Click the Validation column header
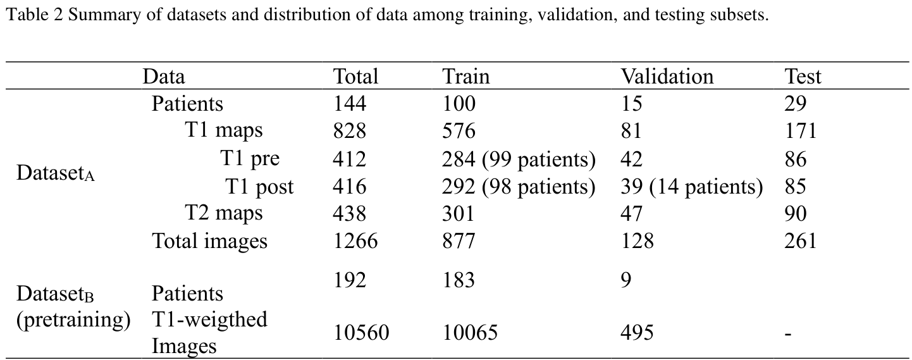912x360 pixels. [667, 77]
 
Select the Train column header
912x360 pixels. [465, 77]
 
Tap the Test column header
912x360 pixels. [803, 77]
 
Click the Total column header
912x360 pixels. [355, 77]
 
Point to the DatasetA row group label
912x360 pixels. [56, 173]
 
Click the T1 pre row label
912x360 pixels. [250, 159]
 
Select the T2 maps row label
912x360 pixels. [223, 213]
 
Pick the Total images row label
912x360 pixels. [209, 240]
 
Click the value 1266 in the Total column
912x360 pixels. [355, 240]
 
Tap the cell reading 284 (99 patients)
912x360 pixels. [519, 159]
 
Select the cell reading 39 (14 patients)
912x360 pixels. [691, 187]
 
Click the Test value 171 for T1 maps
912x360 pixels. [800, 131]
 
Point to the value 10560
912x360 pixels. [361, 332]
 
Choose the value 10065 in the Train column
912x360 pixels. [470, 332]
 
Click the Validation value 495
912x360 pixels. [636, 332]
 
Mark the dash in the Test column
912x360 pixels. [788, 333]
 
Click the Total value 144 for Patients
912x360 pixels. [350, 104]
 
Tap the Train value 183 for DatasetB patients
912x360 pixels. [459, 280]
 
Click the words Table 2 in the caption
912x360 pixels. [32, 15]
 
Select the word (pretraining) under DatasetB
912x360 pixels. [73, 320]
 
